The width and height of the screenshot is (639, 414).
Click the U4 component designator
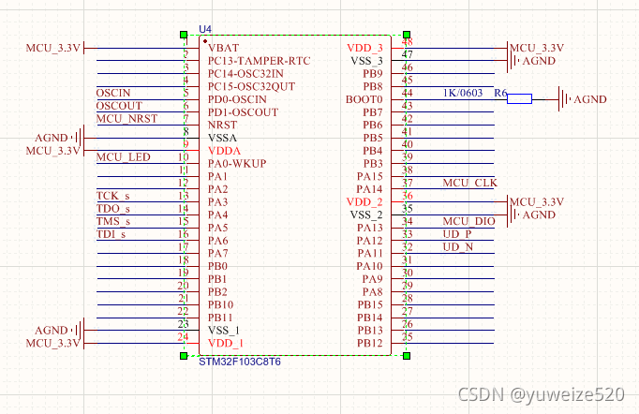[206, 31]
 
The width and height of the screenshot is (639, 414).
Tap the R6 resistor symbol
[519, 98]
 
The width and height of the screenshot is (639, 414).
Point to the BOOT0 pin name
[364, 99]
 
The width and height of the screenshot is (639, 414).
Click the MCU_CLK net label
[470, 183]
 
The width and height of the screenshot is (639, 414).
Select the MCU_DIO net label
[469, 221]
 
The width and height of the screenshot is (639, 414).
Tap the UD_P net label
[458, 233]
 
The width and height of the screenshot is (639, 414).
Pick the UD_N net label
[458, 246]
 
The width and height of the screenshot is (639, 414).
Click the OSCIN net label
[113, 93]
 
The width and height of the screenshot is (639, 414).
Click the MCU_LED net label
[124, 156]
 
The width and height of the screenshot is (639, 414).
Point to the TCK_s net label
[113, 195]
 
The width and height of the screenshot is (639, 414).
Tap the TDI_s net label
[111, 234]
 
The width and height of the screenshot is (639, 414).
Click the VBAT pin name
[223, 48]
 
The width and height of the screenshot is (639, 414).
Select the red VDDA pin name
[224, 151]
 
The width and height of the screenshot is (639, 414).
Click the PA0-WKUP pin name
[237, 164]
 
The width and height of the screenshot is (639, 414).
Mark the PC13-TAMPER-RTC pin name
[260, 61]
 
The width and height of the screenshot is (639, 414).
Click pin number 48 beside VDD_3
[407, 42]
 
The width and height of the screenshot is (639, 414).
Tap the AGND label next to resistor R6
[589, 99]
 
